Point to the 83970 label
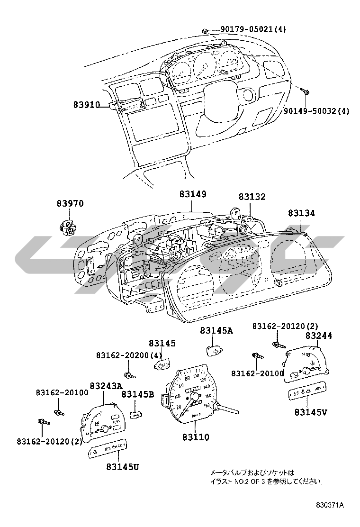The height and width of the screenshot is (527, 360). click(x=70, y=203)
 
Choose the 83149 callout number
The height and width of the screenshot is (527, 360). click(x=193, y=194)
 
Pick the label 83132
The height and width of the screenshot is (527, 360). click(x=252, y=197)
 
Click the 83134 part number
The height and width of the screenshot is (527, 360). click(x=300, y=214)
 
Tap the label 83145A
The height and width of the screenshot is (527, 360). click(x=216, y=331)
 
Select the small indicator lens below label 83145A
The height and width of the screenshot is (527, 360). click(x=215, y=351)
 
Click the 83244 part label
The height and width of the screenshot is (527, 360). click(x=318, y=336)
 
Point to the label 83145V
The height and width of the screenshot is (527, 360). click(x=311, y=412)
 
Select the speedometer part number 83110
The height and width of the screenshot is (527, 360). click(x=194, y=437)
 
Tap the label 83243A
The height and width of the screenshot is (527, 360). click(x=106, y=386)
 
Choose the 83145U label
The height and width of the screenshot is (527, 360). click(x=122, y=467)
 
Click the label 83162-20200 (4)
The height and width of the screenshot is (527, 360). click(x=129, y=355)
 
